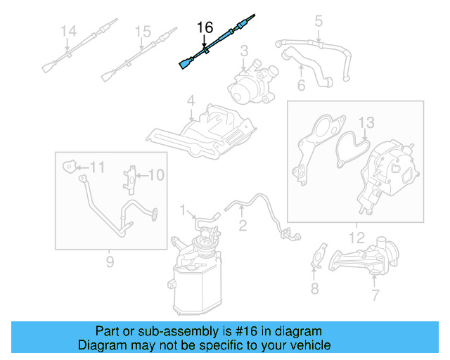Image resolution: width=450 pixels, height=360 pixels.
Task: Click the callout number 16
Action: pos(205,27)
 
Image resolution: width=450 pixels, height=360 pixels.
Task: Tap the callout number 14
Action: pos(67,32)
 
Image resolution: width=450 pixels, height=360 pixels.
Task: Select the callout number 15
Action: pos(143,32)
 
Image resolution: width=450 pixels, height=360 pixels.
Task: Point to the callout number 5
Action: pos(318,21)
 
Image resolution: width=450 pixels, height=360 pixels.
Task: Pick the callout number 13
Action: pos(367,124)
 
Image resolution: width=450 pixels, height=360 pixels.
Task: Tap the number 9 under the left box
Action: pos(110,262)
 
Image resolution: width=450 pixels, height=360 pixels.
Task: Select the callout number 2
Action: pos(243,225)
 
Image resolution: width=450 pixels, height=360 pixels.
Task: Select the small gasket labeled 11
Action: pos(70,167)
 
